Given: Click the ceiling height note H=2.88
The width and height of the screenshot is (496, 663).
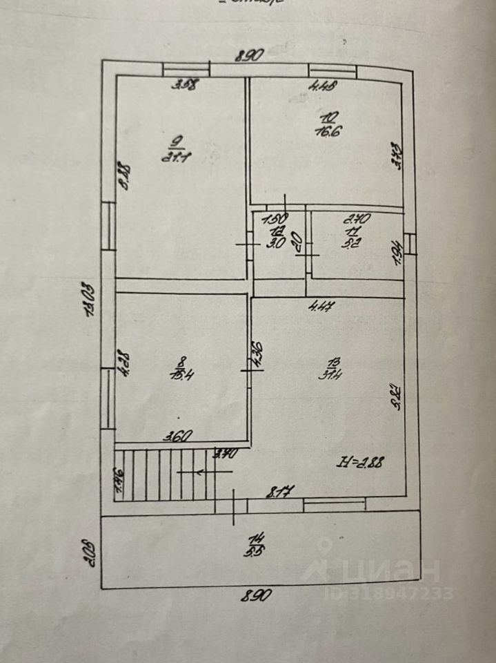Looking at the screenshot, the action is (360, 462).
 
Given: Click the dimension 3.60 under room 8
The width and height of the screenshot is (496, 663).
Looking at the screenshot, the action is (177, 436).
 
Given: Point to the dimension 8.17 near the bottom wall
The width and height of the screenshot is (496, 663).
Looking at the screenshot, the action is (281, 492).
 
